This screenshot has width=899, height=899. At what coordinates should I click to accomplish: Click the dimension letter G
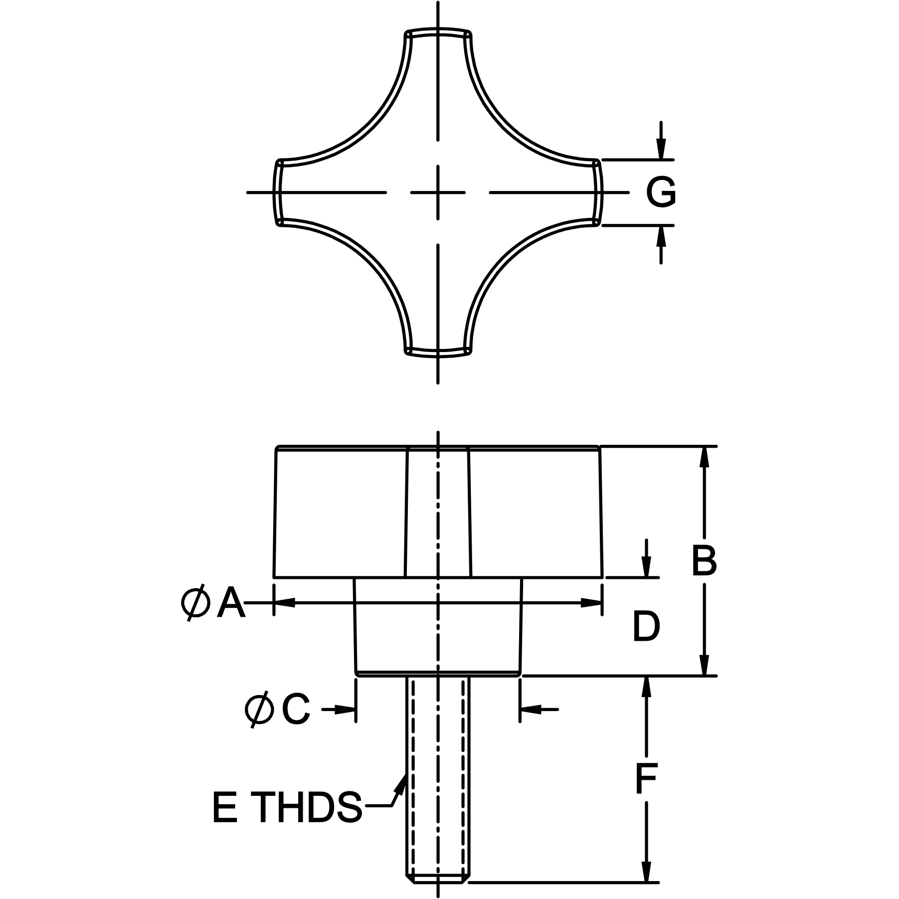coord(661,192)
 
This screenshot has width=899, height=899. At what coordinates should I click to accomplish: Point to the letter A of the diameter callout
coord(231,603)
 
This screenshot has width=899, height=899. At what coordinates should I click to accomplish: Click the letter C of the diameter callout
coord(296,709)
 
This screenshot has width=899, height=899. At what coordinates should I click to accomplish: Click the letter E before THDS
coord(224,821)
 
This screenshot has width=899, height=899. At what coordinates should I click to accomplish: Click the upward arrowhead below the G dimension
coord(661,236)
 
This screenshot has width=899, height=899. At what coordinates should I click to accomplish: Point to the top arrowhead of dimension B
coord(704,457)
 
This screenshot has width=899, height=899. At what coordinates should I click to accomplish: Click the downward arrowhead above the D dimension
coord(646,566)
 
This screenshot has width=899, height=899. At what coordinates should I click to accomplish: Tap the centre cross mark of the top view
coord(438,192)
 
